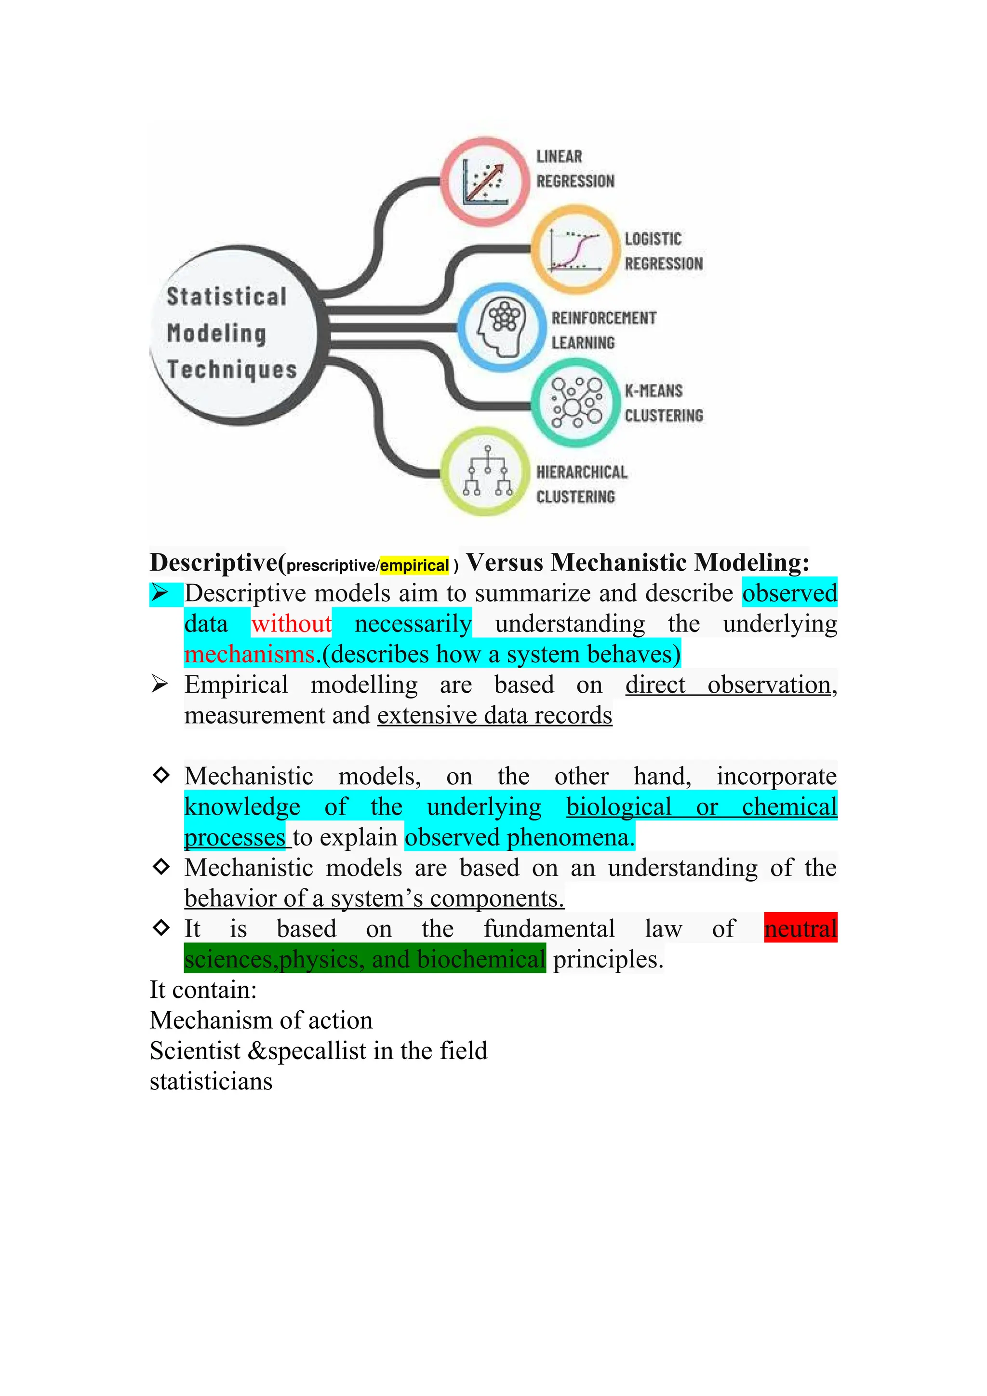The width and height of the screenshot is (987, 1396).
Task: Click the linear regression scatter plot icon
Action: tap(484, 181)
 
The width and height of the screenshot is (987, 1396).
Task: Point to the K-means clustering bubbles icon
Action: tap(575, 402)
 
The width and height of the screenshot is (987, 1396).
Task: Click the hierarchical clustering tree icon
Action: tap(486, 471)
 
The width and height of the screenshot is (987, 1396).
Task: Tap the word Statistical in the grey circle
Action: tap(226, 297)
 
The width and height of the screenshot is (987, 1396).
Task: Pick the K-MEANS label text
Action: tap(654, 391)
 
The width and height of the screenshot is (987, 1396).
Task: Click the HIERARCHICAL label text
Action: tap(581, 472)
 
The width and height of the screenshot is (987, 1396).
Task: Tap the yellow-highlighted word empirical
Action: tap(414, 565)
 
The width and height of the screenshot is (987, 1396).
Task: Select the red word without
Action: tap(291, 624)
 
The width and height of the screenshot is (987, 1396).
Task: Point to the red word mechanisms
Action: tap(249, 654)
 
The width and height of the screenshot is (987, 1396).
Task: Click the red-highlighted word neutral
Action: tap(800, 928)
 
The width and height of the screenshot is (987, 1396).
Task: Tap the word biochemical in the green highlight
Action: tap(481, 959)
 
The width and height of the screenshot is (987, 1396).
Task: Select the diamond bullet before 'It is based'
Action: tap(161, 928)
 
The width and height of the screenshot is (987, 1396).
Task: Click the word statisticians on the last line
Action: tap(211, 1081)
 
